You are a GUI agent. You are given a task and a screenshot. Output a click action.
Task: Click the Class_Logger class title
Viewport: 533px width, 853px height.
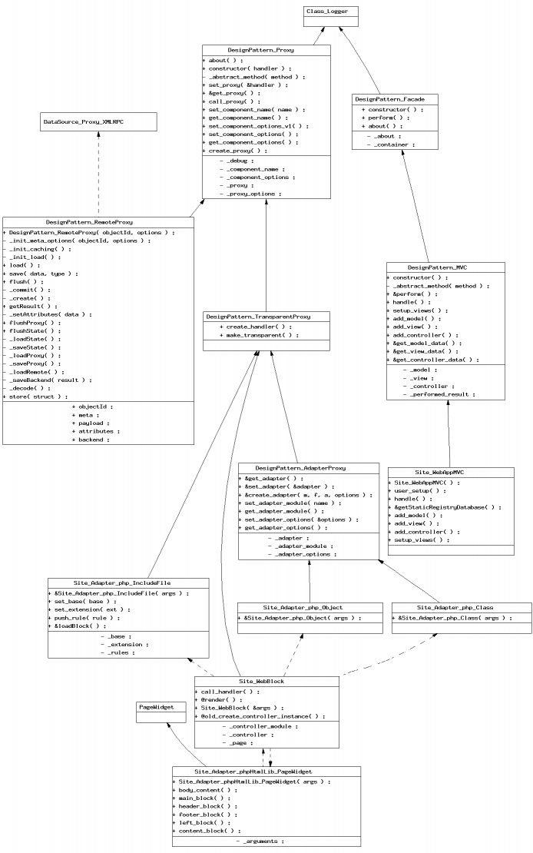[326, 11]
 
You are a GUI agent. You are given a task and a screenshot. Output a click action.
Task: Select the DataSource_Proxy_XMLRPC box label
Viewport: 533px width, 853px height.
[83, 122]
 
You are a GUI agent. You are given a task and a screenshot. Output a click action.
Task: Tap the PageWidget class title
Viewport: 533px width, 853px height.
[156, 707]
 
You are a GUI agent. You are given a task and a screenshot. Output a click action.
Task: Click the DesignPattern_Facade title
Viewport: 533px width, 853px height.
[389, 99]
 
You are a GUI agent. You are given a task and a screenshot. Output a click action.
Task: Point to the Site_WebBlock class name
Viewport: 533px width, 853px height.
[261, 681]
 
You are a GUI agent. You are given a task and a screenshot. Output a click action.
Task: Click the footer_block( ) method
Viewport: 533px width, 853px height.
[204, 815]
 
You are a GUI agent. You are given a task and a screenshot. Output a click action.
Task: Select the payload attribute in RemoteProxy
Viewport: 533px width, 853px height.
[91, 423]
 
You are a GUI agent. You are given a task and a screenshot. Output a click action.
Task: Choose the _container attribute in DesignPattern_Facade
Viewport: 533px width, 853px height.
[391, 144]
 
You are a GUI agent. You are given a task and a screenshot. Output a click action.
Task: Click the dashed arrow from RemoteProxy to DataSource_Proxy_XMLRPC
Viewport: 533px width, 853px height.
[98, 174]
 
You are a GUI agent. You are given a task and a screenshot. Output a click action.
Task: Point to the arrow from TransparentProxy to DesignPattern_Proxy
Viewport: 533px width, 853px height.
[266, 255]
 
